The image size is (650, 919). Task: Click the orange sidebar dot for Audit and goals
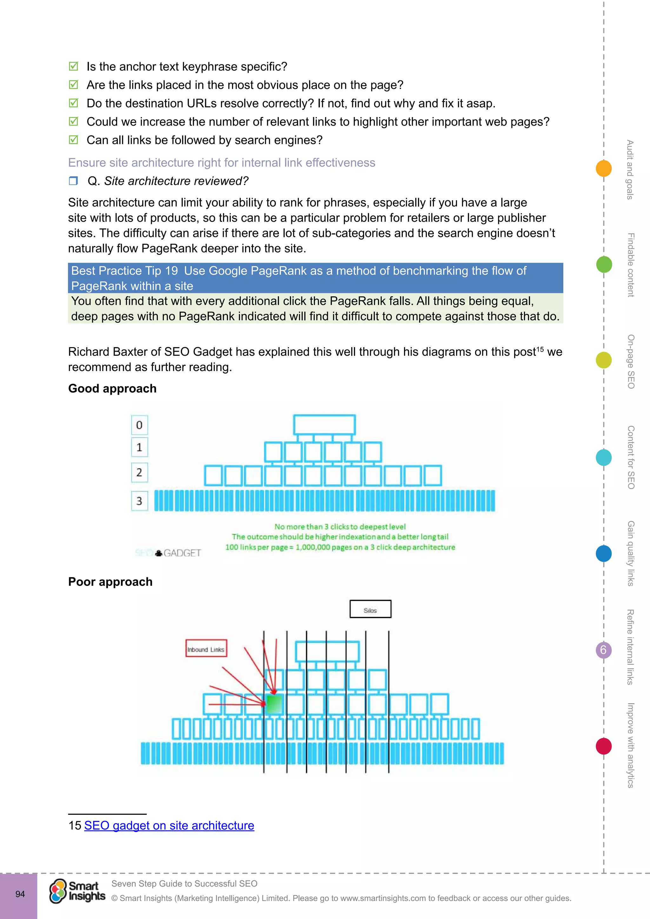pos(604,168)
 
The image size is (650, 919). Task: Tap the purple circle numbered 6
pos(604,650)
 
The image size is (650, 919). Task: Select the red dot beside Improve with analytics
pos(604,746)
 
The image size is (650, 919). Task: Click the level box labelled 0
pos(139,425)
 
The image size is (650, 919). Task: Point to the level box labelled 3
pos(139,501)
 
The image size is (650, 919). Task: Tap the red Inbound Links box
pos(206,648)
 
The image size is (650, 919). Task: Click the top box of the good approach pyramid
pos(324,425)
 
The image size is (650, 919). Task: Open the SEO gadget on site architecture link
pos(169,825)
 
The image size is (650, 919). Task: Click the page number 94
pos(20,894)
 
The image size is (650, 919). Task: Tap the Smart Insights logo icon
pos(58,891)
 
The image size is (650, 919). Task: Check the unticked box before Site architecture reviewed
pos(73,181)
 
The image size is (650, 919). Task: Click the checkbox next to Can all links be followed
pos(73,140)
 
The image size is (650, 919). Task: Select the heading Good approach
pos(112,388)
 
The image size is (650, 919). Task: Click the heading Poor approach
pos(110,582)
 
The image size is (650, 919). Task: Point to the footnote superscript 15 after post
pos(540,349)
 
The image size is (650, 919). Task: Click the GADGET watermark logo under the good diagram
pos(178,553)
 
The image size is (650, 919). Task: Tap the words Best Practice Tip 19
pos(124,271)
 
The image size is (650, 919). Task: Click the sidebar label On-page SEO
pos(631,361)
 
